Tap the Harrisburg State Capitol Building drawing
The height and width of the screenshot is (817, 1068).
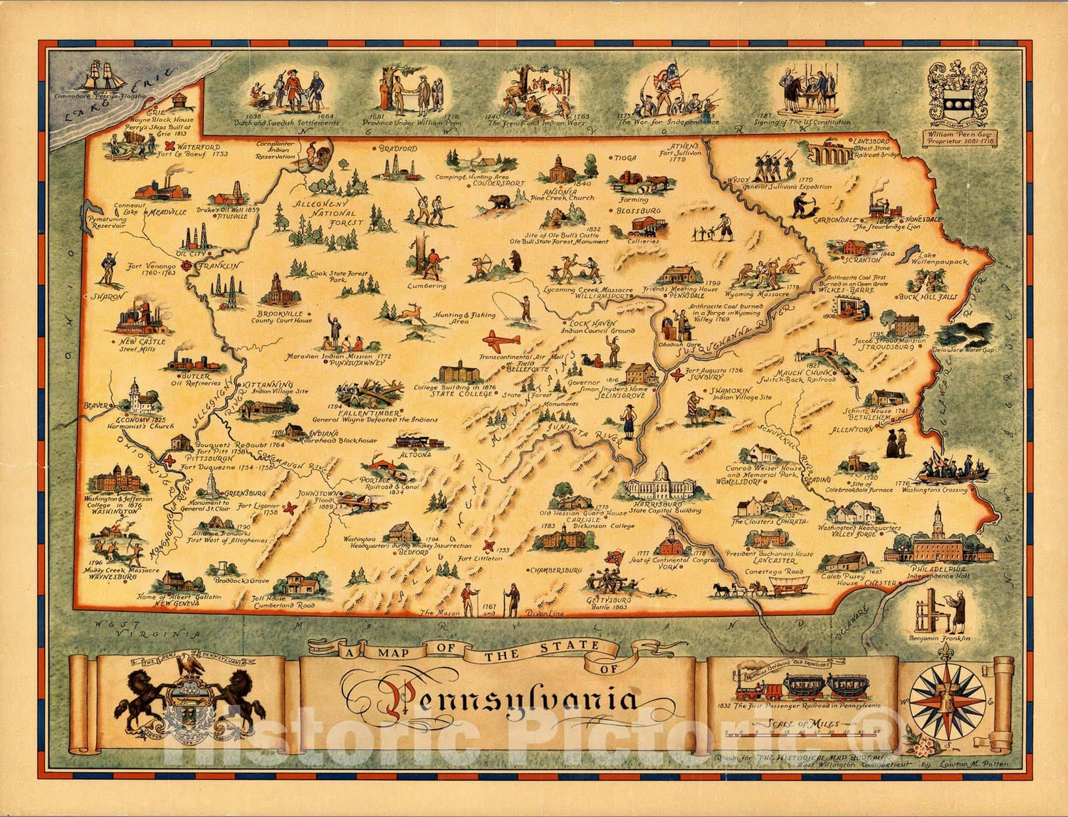click(x=662, y=483)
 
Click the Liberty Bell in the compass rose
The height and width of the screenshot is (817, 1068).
click(x=946, y=700)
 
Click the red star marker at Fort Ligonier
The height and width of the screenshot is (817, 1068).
click(x=290, y=508)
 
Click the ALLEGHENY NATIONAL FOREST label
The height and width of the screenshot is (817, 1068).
click(x=329, y=213)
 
